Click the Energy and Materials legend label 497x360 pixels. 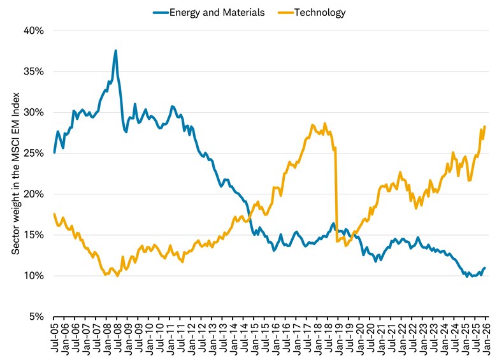[x=217, y=12]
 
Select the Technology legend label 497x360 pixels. [x=322, y=12]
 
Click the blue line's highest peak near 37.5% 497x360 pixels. [x=115, y=50]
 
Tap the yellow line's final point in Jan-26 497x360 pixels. [x=485, y=126]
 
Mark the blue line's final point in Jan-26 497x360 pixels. [x=485, y=268]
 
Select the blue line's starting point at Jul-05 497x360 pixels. [x=54, y=152]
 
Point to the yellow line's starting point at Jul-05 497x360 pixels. [x=54, y=214]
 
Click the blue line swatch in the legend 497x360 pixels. [x=160, y=12]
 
